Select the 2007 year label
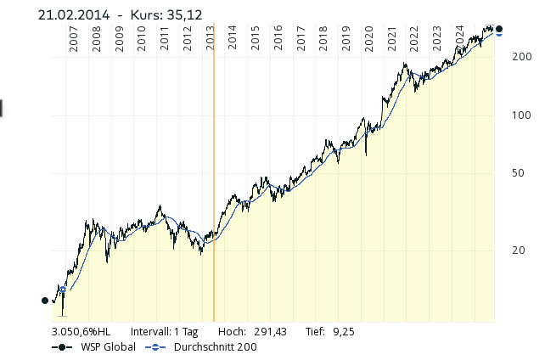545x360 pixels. [74, 41]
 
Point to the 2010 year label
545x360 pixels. [142, 41]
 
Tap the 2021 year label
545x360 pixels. [391, 41]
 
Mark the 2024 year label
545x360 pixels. [459, 41]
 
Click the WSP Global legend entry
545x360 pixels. [107, 346]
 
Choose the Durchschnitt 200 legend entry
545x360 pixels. [215, 346]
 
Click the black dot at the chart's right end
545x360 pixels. [498, 30]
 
